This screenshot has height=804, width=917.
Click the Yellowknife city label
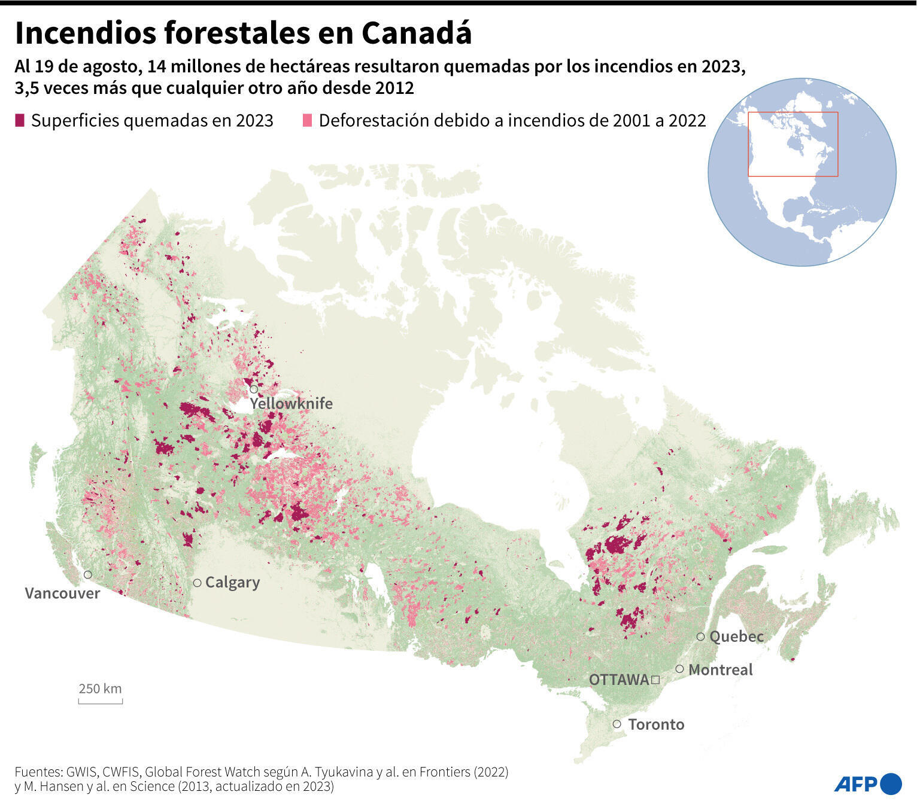point(291,403)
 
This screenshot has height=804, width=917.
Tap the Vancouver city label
point(62,593)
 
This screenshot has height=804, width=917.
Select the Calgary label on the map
point(232,582)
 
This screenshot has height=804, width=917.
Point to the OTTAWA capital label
point(618,680)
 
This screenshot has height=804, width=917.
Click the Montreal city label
point(720,669)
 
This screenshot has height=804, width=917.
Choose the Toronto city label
point(656,724)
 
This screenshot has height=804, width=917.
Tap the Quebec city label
point(736,636)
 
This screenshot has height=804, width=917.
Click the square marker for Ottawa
point(655,680)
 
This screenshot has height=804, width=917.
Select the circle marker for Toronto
point(617,724)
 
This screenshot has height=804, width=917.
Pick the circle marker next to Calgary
point(197,583)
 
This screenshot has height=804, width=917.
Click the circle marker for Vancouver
point(88,574)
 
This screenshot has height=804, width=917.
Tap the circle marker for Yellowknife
point(254,389)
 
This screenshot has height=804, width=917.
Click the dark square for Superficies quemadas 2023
point(20,120)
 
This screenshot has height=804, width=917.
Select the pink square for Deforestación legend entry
point(308,120)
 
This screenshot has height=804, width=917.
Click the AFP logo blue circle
point(891,784)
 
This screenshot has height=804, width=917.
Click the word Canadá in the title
point(417,33)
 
